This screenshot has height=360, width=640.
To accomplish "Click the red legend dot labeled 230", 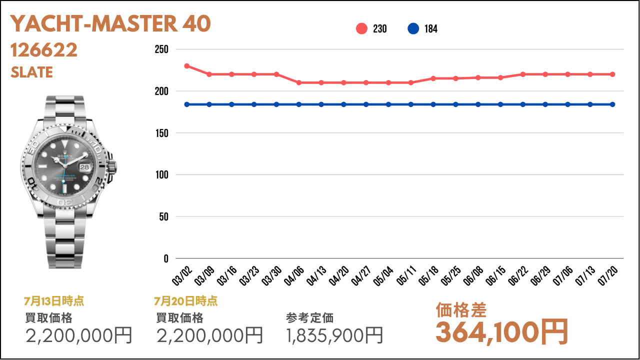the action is (x=361, y=29).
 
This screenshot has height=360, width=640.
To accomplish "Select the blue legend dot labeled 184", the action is (x=413, y=29).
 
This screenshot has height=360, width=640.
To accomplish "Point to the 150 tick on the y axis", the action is (x=161, y=133).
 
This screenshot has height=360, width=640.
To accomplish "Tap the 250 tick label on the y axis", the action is (x=161, y=49).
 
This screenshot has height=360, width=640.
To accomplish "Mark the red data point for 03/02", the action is (x=187, y=66).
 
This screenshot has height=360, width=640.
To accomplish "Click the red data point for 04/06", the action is (x=299, y=83).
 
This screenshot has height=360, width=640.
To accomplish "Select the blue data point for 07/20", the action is (x=612, y=104).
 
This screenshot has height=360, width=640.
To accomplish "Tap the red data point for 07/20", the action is (x=612, y=74).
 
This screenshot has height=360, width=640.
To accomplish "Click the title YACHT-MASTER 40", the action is (x=110, y=23).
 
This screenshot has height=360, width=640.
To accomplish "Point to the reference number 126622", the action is (x=43, y=50).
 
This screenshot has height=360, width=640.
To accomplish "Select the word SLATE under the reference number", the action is (x=31, y=72).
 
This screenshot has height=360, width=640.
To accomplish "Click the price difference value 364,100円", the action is (x=501, y=332).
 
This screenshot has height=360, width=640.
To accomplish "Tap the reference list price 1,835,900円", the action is (x=334, y=335).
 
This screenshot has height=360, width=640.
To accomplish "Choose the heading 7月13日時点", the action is (x=54, y=301).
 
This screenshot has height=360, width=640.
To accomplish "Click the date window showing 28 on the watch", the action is (x=84, y=167).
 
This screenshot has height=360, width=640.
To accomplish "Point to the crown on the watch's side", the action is (x=112, y=167).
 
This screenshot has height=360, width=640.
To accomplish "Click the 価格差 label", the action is (x=461, y=310).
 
